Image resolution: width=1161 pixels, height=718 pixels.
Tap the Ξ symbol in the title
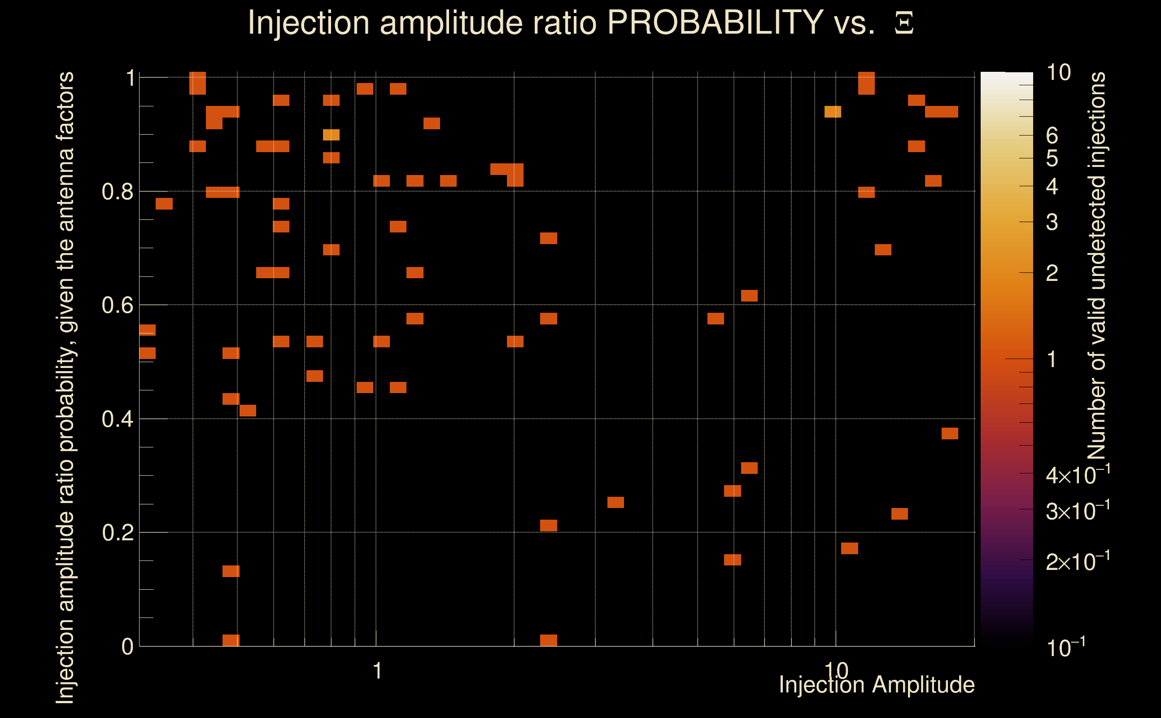pyautogui.click(x=904, y=23)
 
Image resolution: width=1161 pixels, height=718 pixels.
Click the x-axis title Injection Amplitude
pyautogui.click(x=877, y=685)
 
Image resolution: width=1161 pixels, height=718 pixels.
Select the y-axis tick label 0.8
pyautogui.click(x=117, y=192)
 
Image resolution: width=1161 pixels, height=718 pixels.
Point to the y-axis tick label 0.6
pyautogui.click(x=117, y=305)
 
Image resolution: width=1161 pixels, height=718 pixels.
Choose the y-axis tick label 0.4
pyautogui.click(x=117, y=419)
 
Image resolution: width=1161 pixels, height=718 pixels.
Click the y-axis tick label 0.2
pyautogui.click(x=117, y=532)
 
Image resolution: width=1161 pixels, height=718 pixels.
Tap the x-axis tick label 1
pyautogui.click(x=377, y=671)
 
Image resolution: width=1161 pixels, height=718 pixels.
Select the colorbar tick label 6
pyautogui.click(x=1052, y=136)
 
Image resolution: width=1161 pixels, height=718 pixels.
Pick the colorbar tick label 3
pyautogui.click(x=1052, y=222)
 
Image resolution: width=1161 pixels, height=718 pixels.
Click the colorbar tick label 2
pyautogui.click(x=1052, y=273)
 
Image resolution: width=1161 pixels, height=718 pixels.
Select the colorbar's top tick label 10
pyautogui.click(x=1058, y=73)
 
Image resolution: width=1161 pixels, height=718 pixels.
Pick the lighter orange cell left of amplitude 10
pyautogui.click(x=833, y=112)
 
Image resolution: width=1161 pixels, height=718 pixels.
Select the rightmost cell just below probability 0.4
pyautogui.click(x=950, y=433)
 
